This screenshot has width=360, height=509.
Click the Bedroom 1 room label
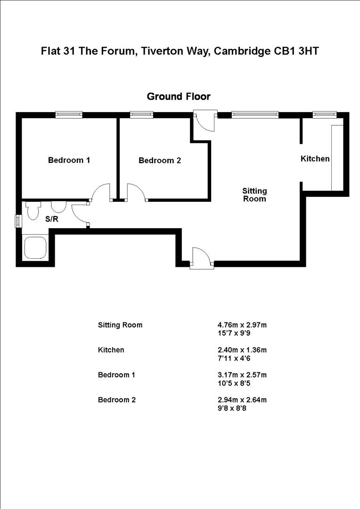pyautogui.click(x=69, y=160)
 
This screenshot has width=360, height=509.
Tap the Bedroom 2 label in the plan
pyautogui.click(x=159, y=161)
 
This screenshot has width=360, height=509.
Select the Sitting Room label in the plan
pyautogui.click(x=254, y=195)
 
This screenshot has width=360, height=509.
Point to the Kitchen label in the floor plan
pyautogui.click(x=315, y=159)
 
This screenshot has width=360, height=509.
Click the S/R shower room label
pyautogui.click(x=52, y=219)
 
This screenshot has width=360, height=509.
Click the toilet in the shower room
pyautogui.click(x=33, y=210)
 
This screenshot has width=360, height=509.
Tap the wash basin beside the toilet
pyautogui.click(x=58, y=206)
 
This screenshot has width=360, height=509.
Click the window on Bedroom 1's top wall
pyautogui.click(x=69, y=114)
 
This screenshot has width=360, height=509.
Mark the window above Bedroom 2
pyautogui.click(x=141, y=114)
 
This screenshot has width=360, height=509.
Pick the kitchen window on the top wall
pyautogui.click(x=325, y=114)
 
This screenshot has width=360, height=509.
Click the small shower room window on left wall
pyautogui.click(x=18, y=221)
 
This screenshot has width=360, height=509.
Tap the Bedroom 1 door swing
pyautogui.click(x=100, y=192)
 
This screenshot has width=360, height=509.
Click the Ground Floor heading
pyautogui.click(x=179, y=97)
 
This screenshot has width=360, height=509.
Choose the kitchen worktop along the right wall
pyautogui.click(x=337, y=158)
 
